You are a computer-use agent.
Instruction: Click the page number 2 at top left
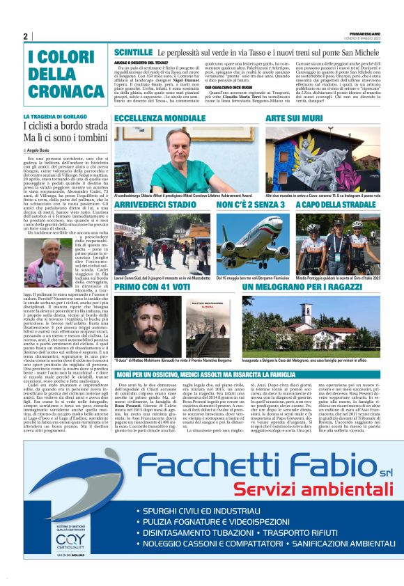(x=26, y=36)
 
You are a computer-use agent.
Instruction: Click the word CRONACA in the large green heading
(x=56, y=90)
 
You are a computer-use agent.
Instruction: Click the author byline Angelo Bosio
(x=40, y=150)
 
